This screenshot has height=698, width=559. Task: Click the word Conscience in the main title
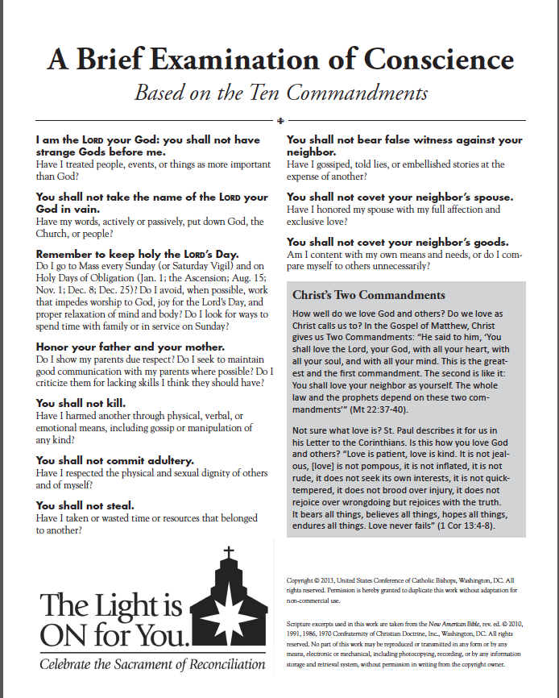tap(439, 59)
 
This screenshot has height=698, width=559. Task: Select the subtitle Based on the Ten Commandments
tap(280, 93)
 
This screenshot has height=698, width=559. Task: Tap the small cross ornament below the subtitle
tap(279, 121)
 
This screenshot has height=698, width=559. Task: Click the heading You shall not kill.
tap(81, 403)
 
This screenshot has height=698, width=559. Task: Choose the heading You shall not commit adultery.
tap(115, 460)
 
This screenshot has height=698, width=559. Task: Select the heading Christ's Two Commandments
tap(368, 295)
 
